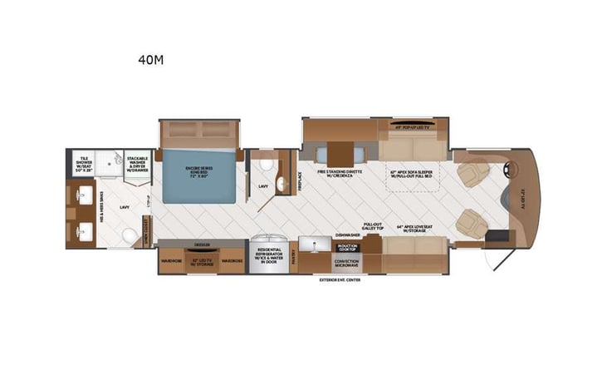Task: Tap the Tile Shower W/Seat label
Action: pos(83,160)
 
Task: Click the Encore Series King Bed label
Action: pos(199,173)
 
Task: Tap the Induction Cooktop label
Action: pos(347,247)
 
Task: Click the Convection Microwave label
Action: pos(347,262)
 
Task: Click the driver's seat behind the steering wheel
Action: pos(474,173)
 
